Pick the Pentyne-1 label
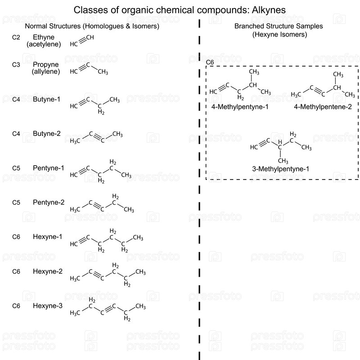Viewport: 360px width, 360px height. pos(48,168)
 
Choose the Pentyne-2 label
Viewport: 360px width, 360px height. pos(48,202)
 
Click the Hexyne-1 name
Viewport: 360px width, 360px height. pos(47,237)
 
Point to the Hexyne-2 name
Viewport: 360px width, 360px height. pos(47,271)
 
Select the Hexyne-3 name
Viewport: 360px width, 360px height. pos(47,306)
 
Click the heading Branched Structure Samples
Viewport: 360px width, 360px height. pos(279,26)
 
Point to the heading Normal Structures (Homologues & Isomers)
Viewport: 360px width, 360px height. pos(92,26)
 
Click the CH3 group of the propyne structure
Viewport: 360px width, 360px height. pos(103,72)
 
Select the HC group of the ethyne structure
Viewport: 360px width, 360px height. pos(74,45)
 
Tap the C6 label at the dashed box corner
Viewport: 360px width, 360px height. pos(210,62)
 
